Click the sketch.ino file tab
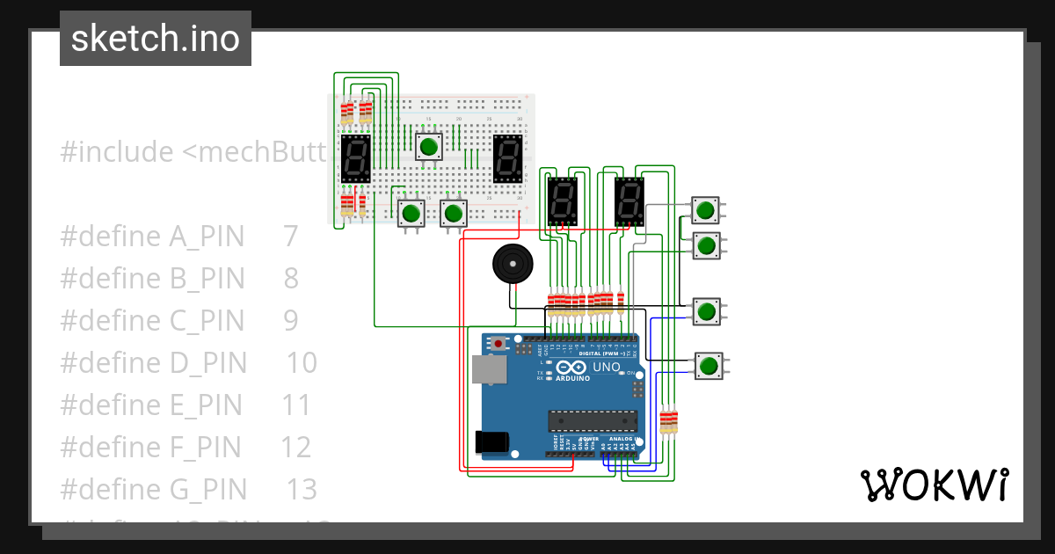(x=156, y=39)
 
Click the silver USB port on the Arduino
(x=488, y=369)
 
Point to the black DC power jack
(x=491, y=441)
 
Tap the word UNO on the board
(x=607, y=367)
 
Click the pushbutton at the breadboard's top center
(x=428, y=146)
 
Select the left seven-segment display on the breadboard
(x=355, y=158)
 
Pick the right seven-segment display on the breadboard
(x=507, y=158)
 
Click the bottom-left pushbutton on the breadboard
(x=411, y=213)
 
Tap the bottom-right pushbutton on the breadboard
(x=454, y=213)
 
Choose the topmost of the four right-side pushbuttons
(x=705, y=209)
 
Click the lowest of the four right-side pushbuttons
(x=709, y=365)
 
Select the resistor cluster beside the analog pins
(x=669, y=420)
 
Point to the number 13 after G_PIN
(x=302, y=489)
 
